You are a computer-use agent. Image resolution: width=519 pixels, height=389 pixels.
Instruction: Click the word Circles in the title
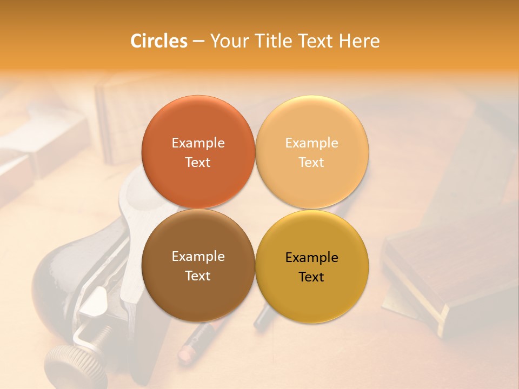tap(158, 41)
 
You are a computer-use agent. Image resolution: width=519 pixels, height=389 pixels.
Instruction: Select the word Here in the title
tap(359, 41)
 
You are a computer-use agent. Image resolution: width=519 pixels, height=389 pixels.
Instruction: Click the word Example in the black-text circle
tap(311, 258)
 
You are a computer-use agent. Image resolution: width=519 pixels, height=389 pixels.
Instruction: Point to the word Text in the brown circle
tap(198, 276)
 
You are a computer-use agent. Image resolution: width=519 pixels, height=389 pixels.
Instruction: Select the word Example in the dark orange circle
tap(198, 143)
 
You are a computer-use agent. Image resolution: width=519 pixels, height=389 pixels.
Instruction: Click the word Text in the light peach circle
tap(311, 163)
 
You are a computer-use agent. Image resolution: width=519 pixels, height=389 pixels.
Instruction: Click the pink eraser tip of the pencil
tap(185, 353)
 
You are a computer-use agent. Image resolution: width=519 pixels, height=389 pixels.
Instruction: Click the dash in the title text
tap(198, 42)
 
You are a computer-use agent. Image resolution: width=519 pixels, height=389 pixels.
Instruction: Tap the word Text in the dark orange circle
tap(198, 163)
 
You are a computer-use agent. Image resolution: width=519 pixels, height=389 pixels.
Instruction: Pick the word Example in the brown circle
tap(198, 257)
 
